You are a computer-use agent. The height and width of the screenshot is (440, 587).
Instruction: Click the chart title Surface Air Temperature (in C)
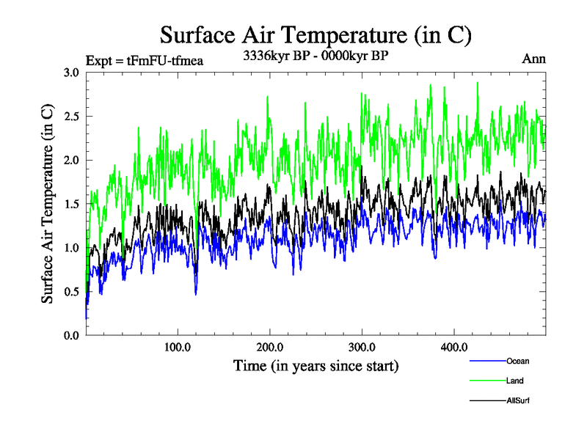[x=316, y=34]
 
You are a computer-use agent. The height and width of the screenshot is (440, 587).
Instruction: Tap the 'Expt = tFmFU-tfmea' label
[x=145, y=60]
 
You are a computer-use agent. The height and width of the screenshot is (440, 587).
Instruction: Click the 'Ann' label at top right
[x=534, y=59]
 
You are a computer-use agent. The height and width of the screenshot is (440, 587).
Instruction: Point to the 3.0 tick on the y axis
[x=71, y=73]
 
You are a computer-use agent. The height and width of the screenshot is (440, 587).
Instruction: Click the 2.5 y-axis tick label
[x=71, y=117]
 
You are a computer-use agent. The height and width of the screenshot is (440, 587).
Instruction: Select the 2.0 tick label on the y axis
[x=71, y=161]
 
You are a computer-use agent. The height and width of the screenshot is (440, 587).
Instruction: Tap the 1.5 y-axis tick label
[x=71, y=204]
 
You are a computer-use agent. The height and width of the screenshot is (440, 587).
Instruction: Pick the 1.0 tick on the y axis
[x=71, y=248]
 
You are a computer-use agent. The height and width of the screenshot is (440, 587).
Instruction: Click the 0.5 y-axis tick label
[x=71, y=292]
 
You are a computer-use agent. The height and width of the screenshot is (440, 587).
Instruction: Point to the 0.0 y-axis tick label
[x=71, y=336]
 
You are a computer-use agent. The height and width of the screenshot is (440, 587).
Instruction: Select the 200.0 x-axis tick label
[x=270, y=347]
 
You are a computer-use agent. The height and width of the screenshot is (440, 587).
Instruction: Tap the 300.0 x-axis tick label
[x=362, y=347]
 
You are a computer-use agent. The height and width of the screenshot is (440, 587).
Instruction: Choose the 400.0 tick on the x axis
[x=454, y=347]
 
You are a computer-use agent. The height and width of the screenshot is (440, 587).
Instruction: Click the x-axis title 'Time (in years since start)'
[x=316, y=365]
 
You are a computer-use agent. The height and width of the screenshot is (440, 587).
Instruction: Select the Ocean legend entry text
[x=517, y=361]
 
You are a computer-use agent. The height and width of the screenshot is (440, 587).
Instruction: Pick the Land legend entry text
[x=514, y=381]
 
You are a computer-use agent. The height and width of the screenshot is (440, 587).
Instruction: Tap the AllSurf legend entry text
[x=518, y=400]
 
